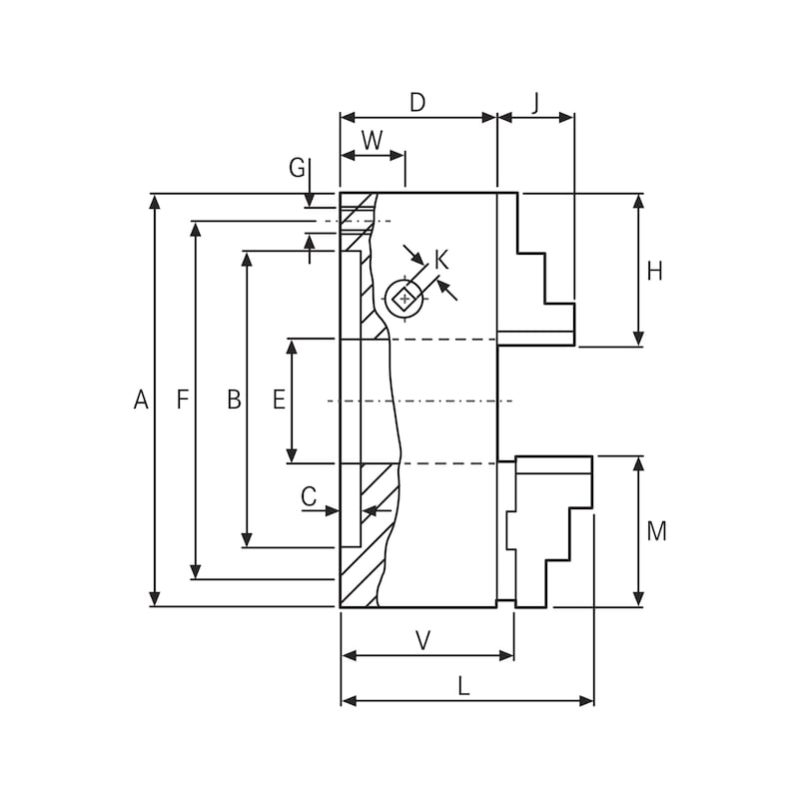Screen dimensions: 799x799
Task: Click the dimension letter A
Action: tap(141, 400)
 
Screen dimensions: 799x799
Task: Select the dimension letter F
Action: tap(182, 400)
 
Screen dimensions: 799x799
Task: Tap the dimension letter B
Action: tap(234, 400)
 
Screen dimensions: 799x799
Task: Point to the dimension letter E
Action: tap(279, 400)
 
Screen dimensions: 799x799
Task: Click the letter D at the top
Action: tap(417, 103)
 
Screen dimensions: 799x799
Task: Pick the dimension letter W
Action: tap(372, 141)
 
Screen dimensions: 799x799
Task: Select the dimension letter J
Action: tap(535, 103)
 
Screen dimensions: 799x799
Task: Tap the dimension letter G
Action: tap(297, 168)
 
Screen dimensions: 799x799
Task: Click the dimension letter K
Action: tap(441, 261)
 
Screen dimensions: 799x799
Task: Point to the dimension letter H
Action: tap(654, 272)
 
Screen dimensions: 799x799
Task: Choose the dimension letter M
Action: tap(656, 532)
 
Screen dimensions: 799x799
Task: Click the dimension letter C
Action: tap(309, 496)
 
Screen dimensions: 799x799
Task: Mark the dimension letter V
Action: tap(422, 641)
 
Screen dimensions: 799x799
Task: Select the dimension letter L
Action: tap(463, 686)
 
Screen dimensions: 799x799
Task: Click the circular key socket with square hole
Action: tap(404, 299)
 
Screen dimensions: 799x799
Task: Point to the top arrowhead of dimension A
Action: tap(154, 201)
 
